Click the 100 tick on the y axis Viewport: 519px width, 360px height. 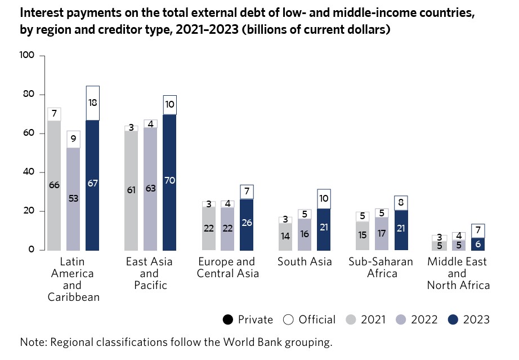pyautogui.click(x=28, y=55)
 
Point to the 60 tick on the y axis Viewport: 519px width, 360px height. pyautogui.click(x=29, y=134)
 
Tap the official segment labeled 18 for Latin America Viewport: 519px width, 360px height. pyautogui.click(x=92, y=103)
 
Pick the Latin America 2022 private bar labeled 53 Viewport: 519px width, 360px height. pyautogui.click(x=73, y=198)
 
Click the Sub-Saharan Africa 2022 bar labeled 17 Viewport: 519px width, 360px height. pyautogui.click(x=382, y=233)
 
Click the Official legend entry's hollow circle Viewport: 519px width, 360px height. pyautogui.click(x=288, y=319)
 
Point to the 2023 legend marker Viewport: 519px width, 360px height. pyautogui.click(x=453, y=319)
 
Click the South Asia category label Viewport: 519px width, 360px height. pyautogui.click(x=305, y=261)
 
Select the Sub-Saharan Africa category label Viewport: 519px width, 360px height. pyautogui.click(x=381, y=268)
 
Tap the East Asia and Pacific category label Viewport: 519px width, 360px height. pyautogui.click(x=149, y=273)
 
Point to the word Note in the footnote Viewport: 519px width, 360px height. pyautogui.click(x=32, y=342)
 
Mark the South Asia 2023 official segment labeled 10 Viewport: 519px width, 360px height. pyautogui.click(x=324, y=199)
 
